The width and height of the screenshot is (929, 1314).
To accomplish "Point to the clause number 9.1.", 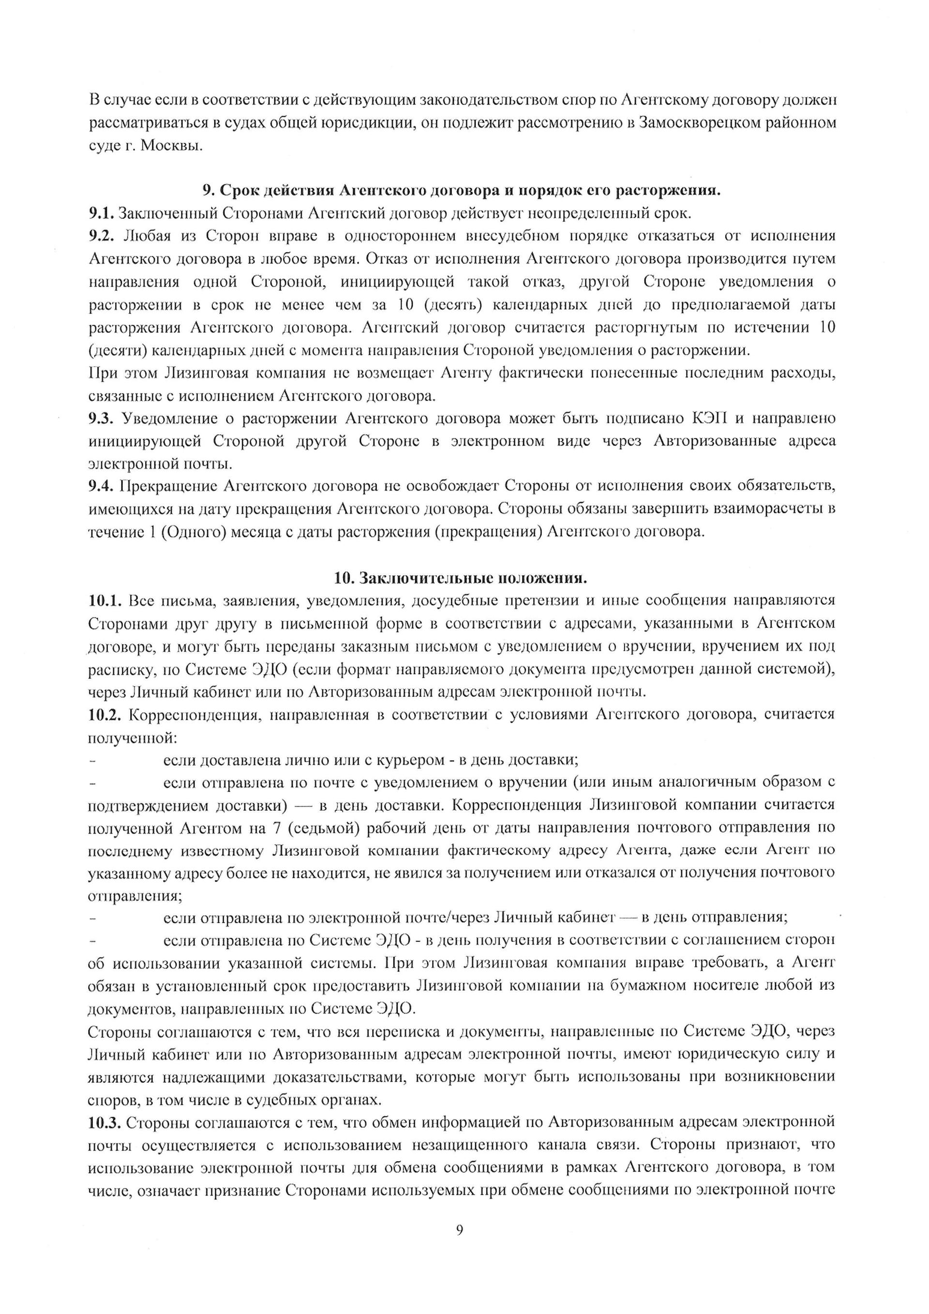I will coord(101,213).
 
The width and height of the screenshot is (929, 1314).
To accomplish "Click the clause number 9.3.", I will coord(101,418).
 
